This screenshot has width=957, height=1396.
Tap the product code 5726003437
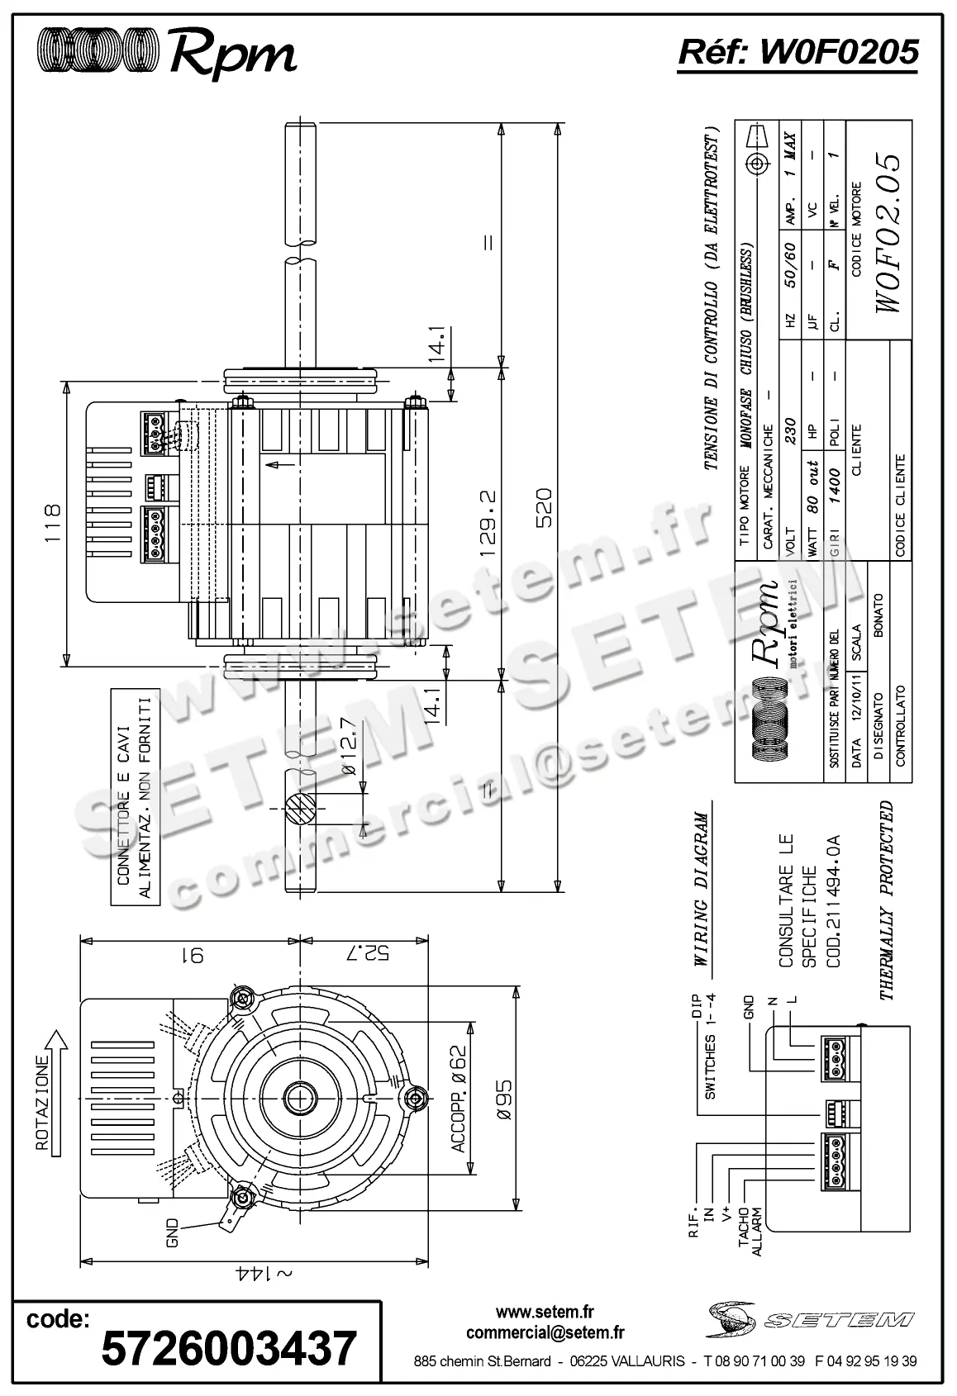(229, 1348)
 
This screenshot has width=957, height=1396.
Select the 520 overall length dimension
(544, 508)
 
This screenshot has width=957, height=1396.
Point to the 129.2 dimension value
(487, 525)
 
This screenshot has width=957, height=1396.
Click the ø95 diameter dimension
(505, 1099)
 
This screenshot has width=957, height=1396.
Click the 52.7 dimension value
(364, 952)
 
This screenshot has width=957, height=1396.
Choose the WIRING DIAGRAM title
(701, 889)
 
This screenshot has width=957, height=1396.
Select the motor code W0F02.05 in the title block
(888, 233)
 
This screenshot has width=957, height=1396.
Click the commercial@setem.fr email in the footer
(545, 1332)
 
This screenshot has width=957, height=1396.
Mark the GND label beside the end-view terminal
(172, 1233)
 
